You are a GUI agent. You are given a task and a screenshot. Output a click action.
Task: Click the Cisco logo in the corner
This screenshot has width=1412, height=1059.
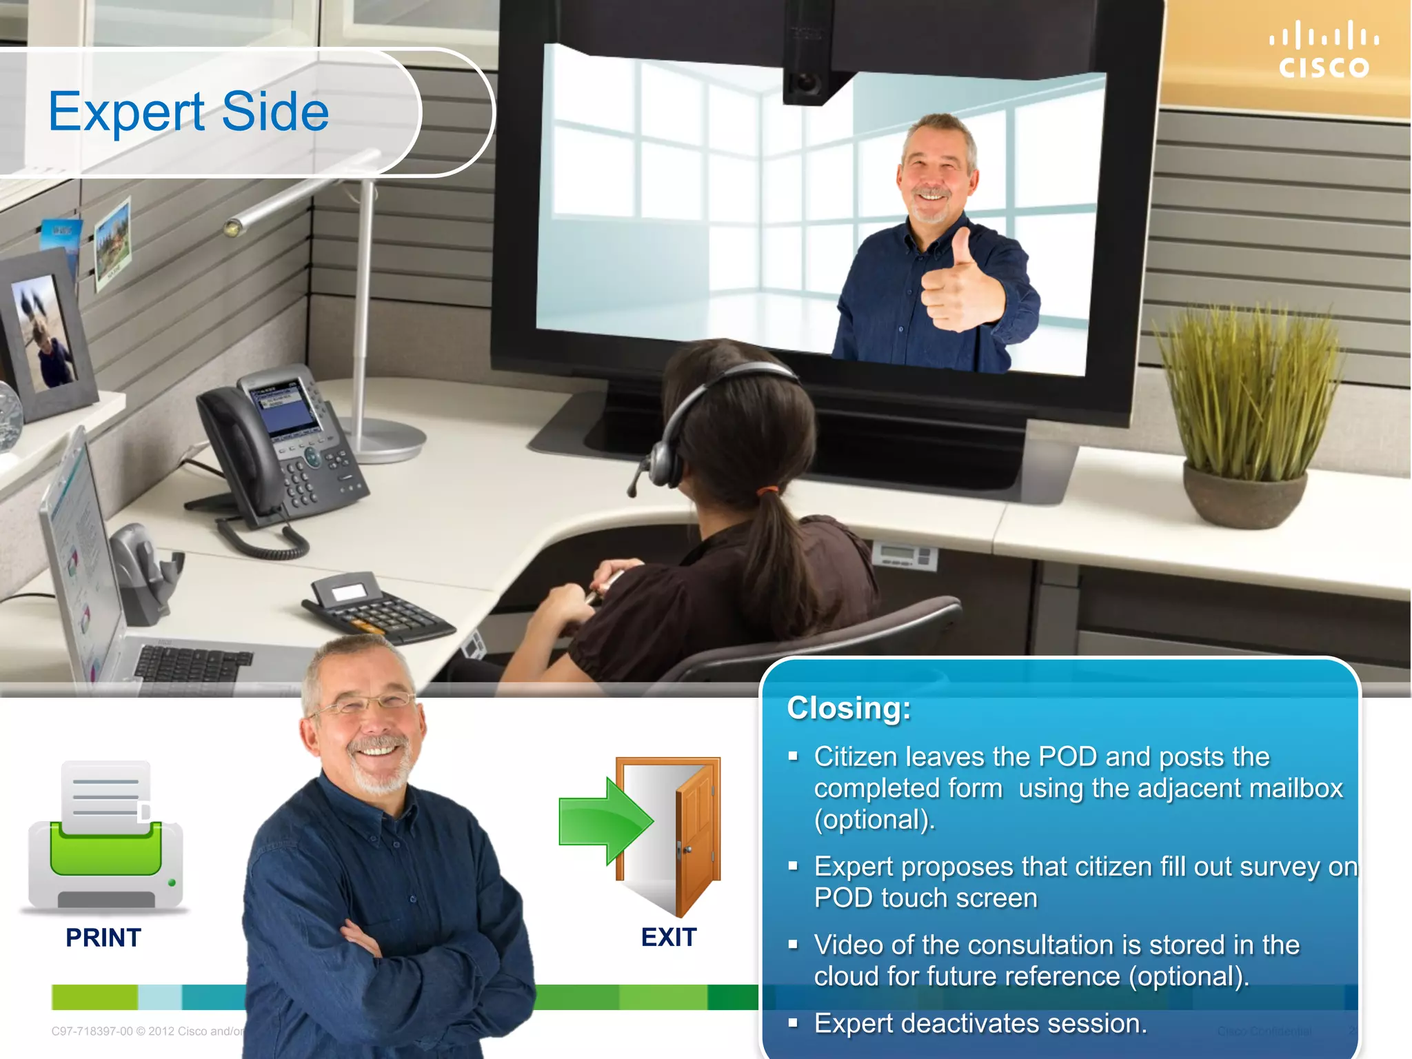coord(1324,50)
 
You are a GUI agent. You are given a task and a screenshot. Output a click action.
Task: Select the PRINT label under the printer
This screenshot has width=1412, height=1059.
coord(103,938)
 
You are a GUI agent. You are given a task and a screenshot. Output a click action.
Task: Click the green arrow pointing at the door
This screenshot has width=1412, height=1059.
coord(603,820)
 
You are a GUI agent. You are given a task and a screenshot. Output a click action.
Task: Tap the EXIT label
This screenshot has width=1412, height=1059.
coord(669,938)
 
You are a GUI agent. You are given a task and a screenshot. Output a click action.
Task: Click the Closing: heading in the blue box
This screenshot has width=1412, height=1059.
coord(849,708)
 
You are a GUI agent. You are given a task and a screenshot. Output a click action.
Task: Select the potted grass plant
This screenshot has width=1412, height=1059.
coord(1248,414)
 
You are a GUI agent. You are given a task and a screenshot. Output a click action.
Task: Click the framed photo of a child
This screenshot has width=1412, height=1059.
coord(45,331)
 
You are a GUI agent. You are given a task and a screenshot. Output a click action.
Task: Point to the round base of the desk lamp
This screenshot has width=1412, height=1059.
coord(386,441)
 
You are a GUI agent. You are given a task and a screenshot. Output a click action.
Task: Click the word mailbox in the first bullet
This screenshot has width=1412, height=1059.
coord(1295,788)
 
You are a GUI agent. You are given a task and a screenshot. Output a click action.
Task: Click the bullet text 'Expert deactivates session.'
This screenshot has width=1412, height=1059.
coord(980,1024)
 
